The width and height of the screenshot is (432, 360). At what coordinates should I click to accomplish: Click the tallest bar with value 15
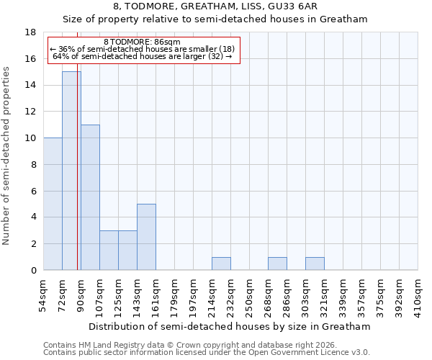(71, 171)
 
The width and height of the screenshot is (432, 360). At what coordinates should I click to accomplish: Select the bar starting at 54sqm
(53, 204)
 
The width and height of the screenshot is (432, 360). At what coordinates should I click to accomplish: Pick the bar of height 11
(90, 197)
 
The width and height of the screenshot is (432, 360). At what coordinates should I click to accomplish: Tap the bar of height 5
(146, 237)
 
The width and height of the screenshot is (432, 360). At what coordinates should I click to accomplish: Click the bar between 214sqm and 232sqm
(221, 264)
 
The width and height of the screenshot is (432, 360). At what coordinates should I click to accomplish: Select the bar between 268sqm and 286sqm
(277, 264)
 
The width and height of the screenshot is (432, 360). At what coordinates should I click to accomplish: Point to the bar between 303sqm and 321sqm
(315, 264)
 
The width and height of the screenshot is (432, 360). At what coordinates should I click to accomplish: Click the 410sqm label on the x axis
(418, 296)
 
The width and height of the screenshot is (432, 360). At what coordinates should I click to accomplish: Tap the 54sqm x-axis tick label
(44, 294)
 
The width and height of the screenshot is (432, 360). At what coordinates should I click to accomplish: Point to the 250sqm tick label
(250, 296)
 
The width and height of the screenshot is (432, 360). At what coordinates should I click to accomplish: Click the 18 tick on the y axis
(31, 32)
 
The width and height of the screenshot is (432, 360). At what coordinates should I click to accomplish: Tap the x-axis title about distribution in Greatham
(230, 326)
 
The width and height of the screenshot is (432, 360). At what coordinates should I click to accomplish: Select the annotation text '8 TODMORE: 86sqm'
(143, 42)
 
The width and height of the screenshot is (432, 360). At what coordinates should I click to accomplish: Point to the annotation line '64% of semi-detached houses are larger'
(143, 56)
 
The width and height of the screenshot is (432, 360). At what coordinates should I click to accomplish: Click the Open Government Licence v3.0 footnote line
(206, 353)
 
